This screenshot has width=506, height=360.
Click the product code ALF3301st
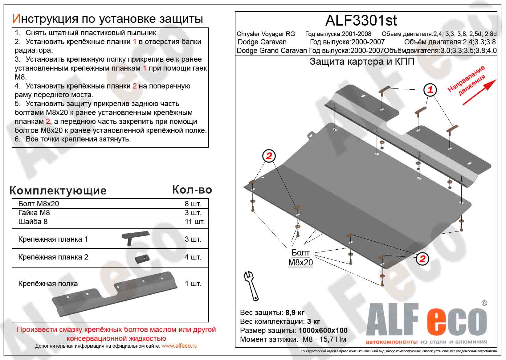click(x=361, y=21)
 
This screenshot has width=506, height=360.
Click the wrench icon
click(x=251, y=286)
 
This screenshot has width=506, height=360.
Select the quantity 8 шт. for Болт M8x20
click(x=193, y=204)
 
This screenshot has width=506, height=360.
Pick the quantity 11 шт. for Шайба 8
click(x=194, y=222)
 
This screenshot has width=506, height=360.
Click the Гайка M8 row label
click(x=34, y=213)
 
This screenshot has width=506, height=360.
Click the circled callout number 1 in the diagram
click(x=430, y=90)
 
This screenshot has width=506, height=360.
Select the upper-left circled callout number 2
click(x=269, y=156)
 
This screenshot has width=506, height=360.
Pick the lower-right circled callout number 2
click(x=422, y=258)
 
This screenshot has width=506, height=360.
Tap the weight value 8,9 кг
click(x=295, y=313)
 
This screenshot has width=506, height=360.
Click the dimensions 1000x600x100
click(x=323, y=330)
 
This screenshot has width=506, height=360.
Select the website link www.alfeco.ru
click(x=179, y=346)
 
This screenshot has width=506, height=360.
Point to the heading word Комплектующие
click(x=58, y=190)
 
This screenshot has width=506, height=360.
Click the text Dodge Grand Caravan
click(x=271, y=51)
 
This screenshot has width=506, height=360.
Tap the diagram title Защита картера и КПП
click(x=362, y=62)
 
